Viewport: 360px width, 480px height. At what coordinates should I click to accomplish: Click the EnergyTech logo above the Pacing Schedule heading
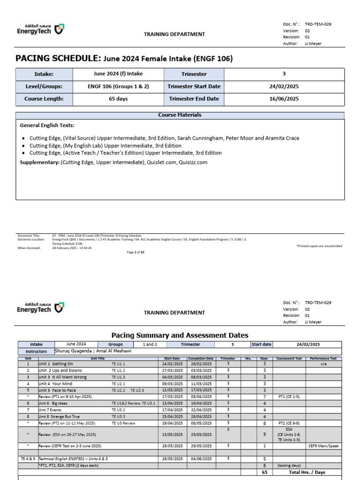coord(41,30)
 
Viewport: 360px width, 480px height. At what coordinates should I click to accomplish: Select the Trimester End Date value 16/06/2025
coord(284,99)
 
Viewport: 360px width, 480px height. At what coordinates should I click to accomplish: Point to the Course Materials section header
coord(180,115)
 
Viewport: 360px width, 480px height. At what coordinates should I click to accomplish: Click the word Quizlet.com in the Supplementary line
coord(162,162)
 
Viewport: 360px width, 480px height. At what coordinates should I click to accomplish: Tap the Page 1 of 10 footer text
coord(136,252)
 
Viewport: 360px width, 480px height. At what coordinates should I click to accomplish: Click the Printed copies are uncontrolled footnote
coord(319,246)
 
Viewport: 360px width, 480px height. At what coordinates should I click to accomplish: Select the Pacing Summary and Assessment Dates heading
coord(180,335)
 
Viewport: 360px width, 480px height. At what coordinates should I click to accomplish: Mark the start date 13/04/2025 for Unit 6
coord(172,403)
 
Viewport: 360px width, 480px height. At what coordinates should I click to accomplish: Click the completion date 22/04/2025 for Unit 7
coord(200,410)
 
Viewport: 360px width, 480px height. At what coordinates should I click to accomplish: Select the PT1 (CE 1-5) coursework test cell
coord(289,397)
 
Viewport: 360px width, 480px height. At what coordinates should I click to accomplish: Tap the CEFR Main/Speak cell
coord(323,446)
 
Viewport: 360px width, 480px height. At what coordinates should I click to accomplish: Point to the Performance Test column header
coord(323,358)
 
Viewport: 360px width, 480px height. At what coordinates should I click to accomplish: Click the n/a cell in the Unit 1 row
coord(323,364)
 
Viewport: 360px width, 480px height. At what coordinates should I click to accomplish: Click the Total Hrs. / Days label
coord(307,472)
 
